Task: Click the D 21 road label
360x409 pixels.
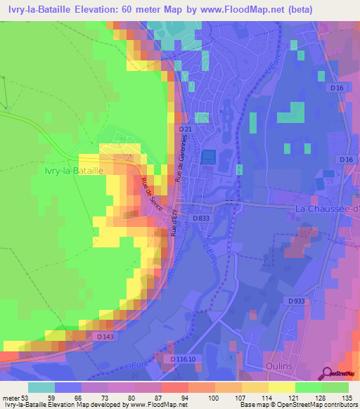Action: click(186, 130)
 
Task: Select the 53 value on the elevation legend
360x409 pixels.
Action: click(27, 398)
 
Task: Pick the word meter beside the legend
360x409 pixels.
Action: click(11, 398)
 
